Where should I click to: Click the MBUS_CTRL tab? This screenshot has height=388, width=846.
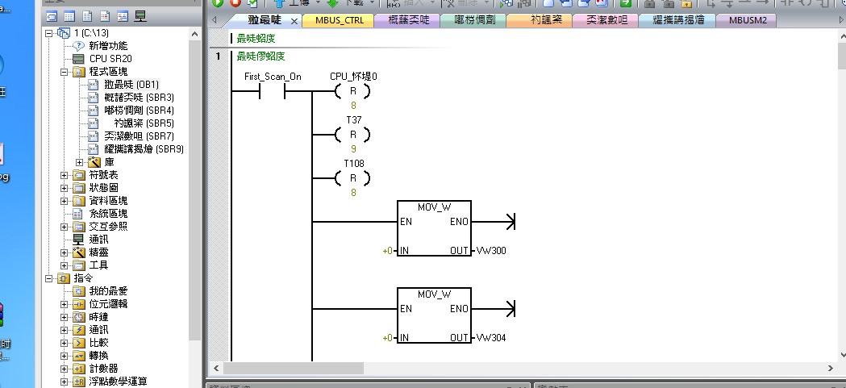point(339,20)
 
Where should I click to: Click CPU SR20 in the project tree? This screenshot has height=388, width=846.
point(110,59)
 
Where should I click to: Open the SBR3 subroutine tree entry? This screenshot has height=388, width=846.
point(139,98)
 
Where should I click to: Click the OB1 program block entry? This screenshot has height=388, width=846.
point(131,85)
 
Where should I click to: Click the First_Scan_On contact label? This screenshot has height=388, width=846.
point(273,77)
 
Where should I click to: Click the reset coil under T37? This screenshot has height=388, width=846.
point(352,135)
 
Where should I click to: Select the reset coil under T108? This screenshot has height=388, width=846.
point(352,178)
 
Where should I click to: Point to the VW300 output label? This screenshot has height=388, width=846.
point(491,251)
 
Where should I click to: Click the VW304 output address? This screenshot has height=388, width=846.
point(491,338)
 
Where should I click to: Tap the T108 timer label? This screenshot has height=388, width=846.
point(353,163)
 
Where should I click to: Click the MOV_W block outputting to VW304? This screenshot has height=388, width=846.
point(434,316)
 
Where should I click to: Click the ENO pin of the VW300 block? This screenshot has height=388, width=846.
point(459,222)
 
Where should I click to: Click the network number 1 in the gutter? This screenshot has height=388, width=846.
point(218,56)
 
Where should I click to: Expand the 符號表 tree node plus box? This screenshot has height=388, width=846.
point(65,175)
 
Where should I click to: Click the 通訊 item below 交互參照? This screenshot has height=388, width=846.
point(98,240)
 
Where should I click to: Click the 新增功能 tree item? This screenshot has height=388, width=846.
point(108,46)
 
